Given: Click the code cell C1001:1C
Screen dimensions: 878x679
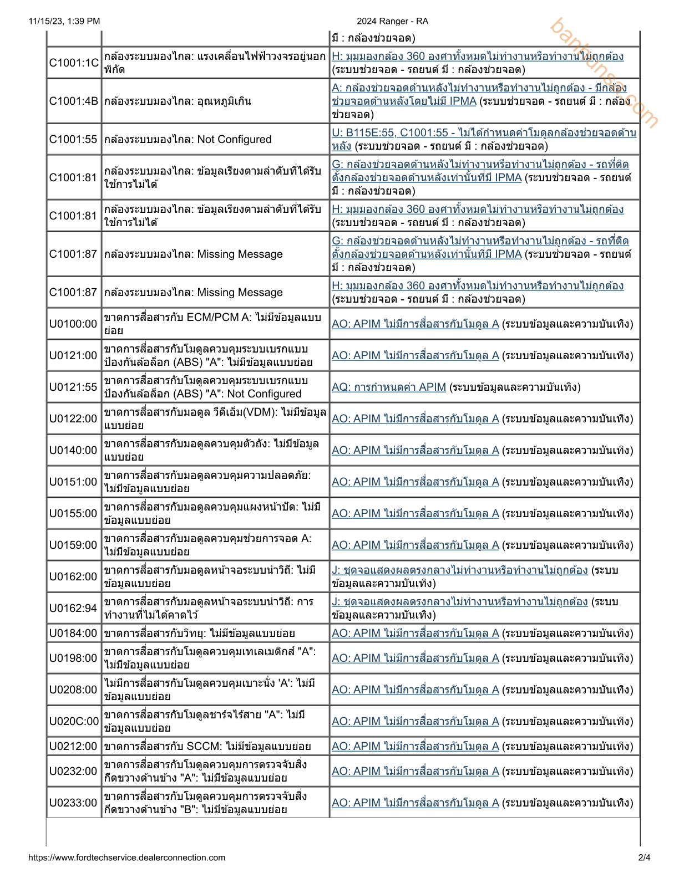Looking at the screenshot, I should [74, 63].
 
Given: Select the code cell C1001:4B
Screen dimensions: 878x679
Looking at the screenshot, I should [74, 101].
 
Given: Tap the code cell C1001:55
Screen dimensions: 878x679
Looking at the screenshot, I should [74, 139].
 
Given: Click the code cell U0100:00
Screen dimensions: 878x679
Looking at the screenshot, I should [74, 324].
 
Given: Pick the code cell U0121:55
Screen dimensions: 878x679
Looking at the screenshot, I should [74, 387].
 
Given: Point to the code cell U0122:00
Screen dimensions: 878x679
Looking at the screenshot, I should [74, 418].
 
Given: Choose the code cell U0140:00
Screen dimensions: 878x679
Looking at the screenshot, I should [74, 450].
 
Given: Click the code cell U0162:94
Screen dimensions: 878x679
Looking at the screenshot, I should [74, 608].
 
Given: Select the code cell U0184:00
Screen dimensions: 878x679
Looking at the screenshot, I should [74, 633].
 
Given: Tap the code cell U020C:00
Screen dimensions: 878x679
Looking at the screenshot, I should [74, 721].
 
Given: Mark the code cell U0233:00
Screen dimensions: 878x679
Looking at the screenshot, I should [74, 803].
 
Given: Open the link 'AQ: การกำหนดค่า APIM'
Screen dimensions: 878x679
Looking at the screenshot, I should [388, 387].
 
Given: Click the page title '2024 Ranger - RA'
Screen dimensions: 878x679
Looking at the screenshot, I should [392, 21].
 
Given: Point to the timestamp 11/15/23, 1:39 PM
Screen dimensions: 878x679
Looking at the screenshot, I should [64, 21].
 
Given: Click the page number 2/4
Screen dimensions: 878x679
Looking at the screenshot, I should [644, 857].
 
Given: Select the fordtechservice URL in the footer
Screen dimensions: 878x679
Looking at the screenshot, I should [126, 857].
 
